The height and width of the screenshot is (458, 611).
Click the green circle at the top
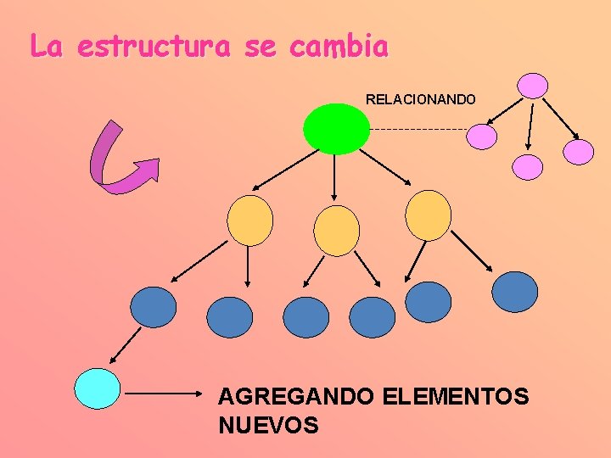tap(336, 128)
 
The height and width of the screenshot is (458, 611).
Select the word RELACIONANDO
tap(421, 99)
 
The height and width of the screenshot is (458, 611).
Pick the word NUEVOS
tap(268, 425)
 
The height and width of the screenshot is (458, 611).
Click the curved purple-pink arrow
tap(119, 160)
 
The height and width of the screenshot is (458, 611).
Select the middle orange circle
tap(336, 231)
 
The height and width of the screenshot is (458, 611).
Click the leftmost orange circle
tap(249, 221)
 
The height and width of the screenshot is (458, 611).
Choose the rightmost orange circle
tap(428, 215)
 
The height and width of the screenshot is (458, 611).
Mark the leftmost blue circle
tap(154, 307)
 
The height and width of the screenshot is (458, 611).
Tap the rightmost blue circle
tap(515, 292)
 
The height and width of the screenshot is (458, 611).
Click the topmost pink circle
tap(533, 86)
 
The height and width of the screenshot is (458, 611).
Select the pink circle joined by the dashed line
tap(482, 137)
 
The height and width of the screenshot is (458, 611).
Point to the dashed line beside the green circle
tap(419, 129)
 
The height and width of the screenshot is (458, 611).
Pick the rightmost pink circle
tap(580, 152)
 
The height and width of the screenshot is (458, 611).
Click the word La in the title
tap(47, 47)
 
